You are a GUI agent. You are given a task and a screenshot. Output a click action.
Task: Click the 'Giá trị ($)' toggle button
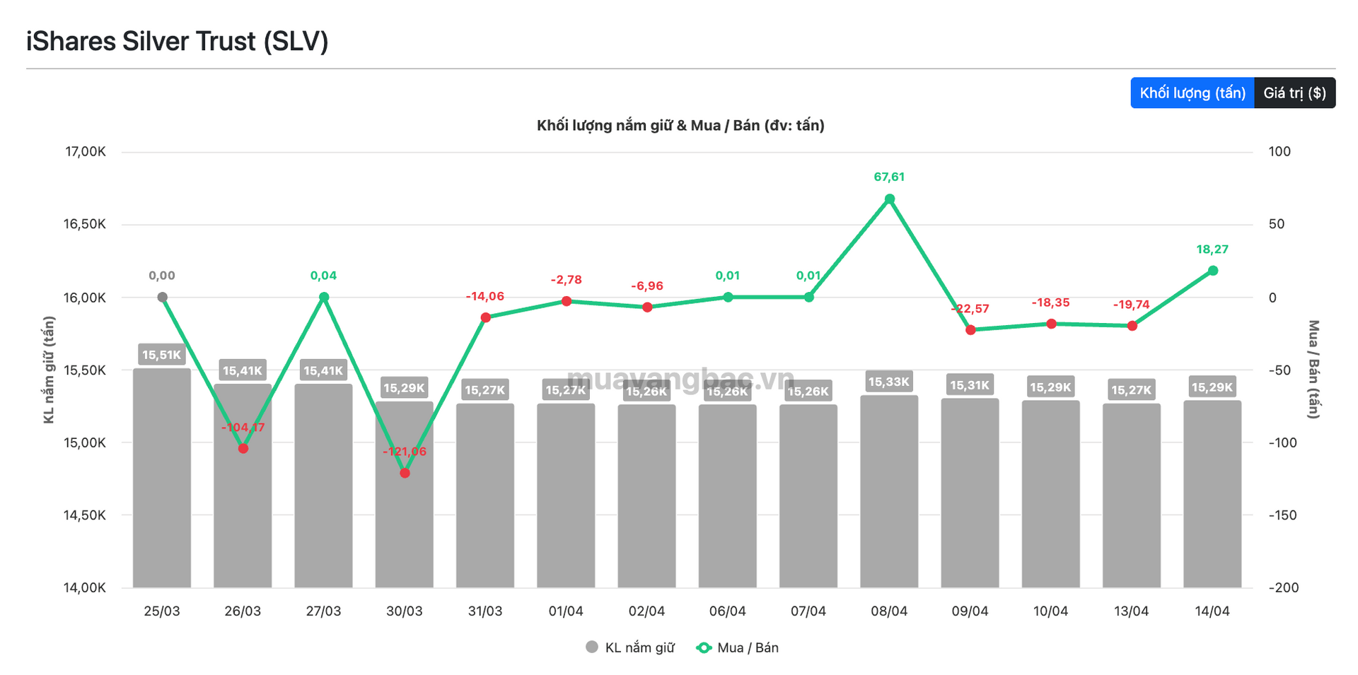click(x=1294, y=93)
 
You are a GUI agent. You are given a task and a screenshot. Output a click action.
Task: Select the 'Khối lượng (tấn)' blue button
click(x=1192, y=93)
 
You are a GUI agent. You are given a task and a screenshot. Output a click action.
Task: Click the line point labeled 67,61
click(x=890, y=199)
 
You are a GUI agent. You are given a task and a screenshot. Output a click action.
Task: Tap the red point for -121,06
click(x=405, y=473)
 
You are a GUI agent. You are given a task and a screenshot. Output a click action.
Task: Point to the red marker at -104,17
click(x=243, y=448)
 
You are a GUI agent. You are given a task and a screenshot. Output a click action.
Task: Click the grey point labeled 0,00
click(x=162, y=298)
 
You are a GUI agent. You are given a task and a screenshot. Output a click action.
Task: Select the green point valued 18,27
click(x=1213, y=271)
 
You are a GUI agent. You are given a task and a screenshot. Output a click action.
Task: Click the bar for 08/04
click(x=889, y=495)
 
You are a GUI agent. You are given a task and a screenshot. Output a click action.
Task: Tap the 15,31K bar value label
click(x=970, y=385)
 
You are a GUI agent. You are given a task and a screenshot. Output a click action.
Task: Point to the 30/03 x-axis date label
click(x=405, y=611)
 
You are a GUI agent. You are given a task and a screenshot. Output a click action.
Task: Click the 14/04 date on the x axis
click(x=1212, y=611)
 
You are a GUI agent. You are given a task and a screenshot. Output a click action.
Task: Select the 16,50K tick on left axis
click(x=85, y=225)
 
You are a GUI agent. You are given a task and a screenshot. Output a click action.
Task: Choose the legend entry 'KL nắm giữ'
click(x=631, y=647)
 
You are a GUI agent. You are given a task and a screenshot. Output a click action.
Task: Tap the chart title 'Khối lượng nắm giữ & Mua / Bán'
click(x=680, y=126)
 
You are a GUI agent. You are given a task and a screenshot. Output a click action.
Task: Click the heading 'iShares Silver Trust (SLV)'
click(x=178, y=42)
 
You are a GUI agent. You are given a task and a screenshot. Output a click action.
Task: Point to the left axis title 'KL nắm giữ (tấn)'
click(x=49, y=370)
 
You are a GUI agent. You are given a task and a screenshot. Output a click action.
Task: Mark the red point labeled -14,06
click(x=486, y=317)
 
